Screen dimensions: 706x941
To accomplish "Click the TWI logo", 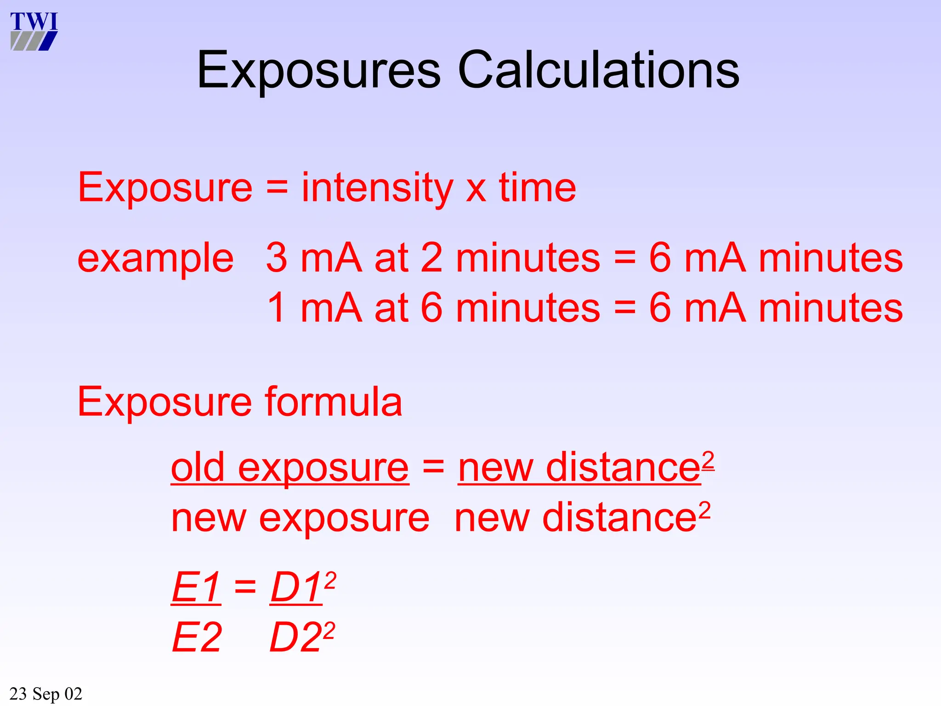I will pos(34,31).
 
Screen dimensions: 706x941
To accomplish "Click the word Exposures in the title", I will pos(319,70).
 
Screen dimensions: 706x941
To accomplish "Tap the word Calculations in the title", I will pos(599,69).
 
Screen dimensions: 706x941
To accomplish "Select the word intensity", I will pos(377,188).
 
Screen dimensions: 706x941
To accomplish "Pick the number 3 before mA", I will pos(277,258).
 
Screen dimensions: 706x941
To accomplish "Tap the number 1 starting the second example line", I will pos(277,308).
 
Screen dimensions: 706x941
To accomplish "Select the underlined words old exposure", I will pos(289,468).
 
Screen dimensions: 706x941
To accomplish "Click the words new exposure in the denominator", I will pos(300,518).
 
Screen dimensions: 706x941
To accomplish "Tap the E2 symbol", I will pos(197,638).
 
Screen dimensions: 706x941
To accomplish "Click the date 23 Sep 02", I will pos(45,694).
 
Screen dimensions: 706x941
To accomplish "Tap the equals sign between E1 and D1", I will pos(245,586).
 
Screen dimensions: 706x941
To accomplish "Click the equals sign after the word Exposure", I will pos(277,188).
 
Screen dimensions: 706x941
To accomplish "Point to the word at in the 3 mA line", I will pos(391,258).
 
